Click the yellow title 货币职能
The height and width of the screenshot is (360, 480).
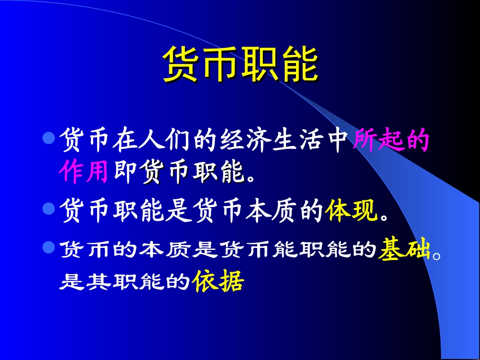tap(241, 64)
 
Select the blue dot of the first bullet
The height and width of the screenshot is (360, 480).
tap(49, 138)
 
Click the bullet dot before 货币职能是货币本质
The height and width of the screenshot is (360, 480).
tap(49, 208)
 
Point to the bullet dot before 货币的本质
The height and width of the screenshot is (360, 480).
tap(49, 247)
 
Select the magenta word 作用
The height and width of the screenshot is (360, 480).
tap(83, 173)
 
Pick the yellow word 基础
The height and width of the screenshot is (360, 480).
tap(404, 249)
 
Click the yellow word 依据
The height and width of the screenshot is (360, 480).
tap(218, 282)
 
